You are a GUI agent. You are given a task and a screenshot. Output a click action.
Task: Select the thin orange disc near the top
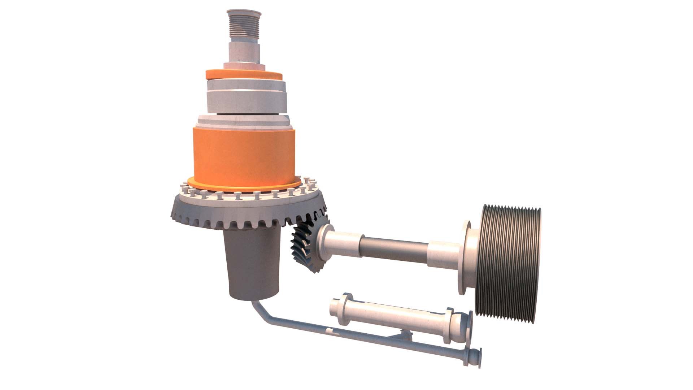pyautogui.click(x=244, y=75)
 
